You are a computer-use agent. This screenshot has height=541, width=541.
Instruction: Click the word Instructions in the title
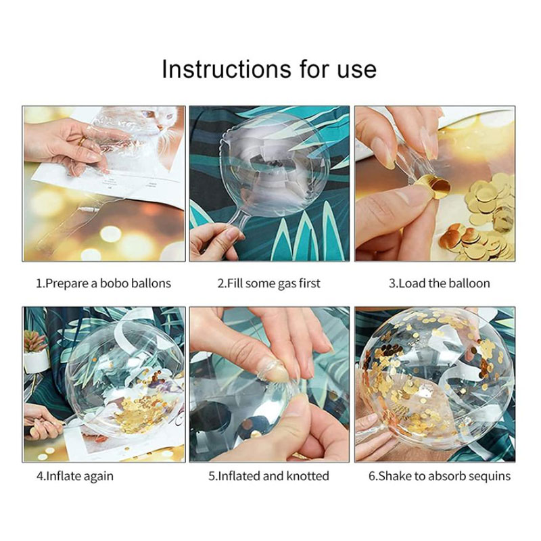[227, 69]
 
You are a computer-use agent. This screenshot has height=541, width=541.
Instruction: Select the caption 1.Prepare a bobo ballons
[103, 283]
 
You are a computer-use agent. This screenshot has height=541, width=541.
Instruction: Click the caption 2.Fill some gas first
[268, 283]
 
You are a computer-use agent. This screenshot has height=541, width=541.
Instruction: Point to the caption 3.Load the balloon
[439, 283]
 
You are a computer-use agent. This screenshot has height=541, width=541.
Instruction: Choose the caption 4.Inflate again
[75, 477]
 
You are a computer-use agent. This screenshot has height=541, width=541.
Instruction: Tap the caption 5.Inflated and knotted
[268, 476]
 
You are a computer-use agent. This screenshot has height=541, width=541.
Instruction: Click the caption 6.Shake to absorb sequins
[439, 477]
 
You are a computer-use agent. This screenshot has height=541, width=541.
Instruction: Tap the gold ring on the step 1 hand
[82, 141]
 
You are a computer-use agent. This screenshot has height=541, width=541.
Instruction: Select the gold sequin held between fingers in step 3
[436, 185]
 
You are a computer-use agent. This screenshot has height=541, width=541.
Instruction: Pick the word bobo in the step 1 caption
[114, 283]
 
